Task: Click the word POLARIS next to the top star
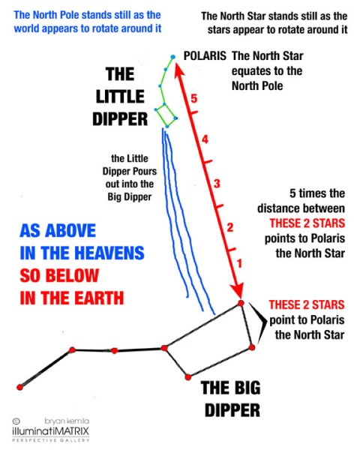click(x=205, y=55)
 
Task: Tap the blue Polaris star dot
click(x=172, y=57)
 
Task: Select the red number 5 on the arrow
click(x=194, y=98)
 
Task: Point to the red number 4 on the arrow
click(x=205, y=139)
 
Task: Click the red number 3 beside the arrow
click(x=217, y=184)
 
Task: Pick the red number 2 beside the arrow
click(x=230, y=227)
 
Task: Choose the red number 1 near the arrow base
click(x=239, y=263)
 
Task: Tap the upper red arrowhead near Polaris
click(x=179, y=71)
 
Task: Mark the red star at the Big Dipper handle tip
click(x=19, y=387)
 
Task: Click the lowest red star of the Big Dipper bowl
click(x=188, y=376)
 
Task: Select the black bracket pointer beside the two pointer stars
click(x=259, y=322)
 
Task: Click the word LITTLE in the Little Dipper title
click(x=120, y=97)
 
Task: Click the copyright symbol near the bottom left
click(x=16, y=421)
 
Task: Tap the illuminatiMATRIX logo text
click(x=50, y=431)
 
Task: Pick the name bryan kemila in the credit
click(x=67, y=421)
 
